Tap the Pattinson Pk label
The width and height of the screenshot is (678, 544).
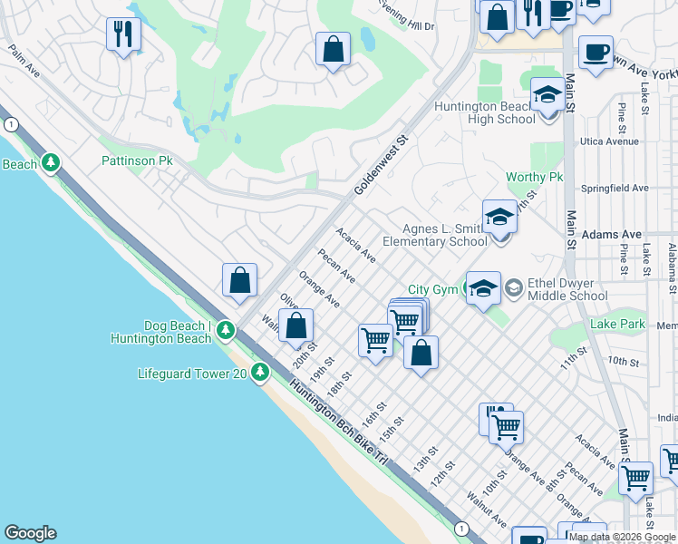[136, 160]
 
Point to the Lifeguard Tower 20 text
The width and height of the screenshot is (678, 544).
[192, 373]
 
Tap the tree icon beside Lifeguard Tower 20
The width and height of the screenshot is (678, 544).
[261, 373]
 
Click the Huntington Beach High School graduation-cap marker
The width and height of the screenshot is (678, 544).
[547, 95]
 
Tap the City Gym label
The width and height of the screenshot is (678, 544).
[431, 289]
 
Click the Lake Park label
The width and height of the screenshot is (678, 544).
[616, 324]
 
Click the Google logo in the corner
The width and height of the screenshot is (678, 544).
[31, 533]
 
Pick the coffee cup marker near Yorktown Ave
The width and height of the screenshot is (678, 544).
[596, 52]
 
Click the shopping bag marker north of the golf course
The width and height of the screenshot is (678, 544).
[333, 47]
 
